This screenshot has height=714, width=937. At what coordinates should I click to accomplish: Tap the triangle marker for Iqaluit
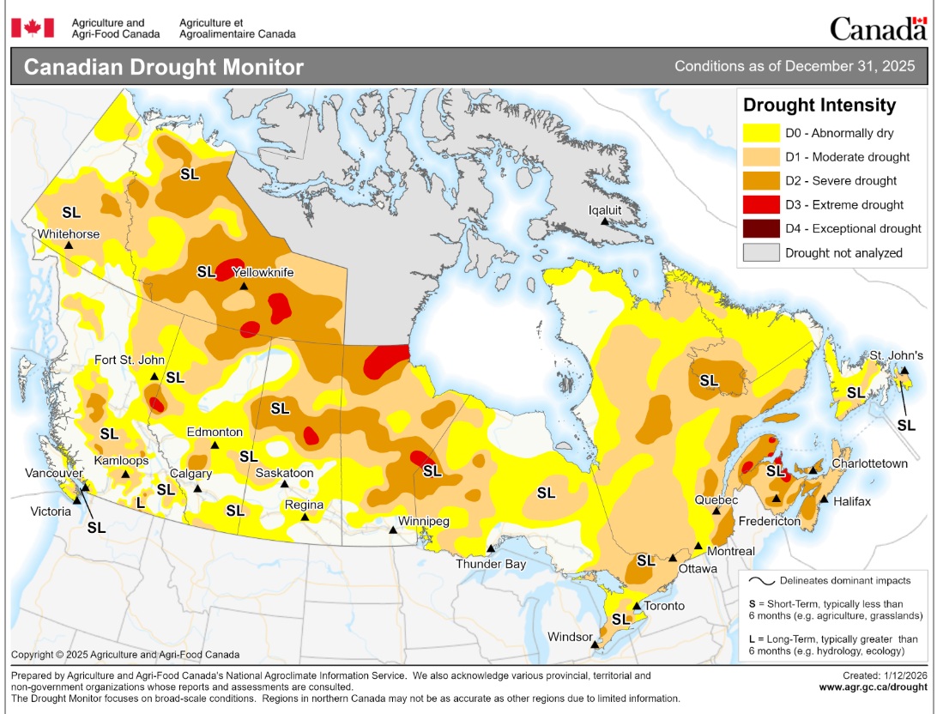[604, 221]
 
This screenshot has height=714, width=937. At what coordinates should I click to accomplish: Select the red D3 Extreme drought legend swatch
[761, 205]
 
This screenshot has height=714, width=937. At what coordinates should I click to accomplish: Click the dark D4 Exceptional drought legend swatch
[761, 229]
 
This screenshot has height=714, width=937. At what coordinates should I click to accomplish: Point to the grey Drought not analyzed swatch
[761, 253]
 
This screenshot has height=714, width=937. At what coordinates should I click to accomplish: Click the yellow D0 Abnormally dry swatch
[761, 133]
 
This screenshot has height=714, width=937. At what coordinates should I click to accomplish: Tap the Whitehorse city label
[68, 234]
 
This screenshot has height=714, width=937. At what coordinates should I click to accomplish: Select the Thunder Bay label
[490, 564]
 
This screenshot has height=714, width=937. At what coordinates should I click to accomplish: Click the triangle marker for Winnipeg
[393, 530]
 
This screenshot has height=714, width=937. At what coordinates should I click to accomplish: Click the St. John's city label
[896, 355]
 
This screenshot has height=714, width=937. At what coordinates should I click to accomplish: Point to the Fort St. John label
[130, 360]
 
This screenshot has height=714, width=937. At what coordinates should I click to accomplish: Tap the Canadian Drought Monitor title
[163, 67]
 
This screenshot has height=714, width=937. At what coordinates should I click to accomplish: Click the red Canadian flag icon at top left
[33, 27]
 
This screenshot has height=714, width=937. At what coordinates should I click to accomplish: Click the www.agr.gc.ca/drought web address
[873, 687]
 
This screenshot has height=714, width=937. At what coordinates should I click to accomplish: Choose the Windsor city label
[570, 637]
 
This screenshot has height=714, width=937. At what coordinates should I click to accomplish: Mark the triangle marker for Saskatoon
[285, 484]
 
